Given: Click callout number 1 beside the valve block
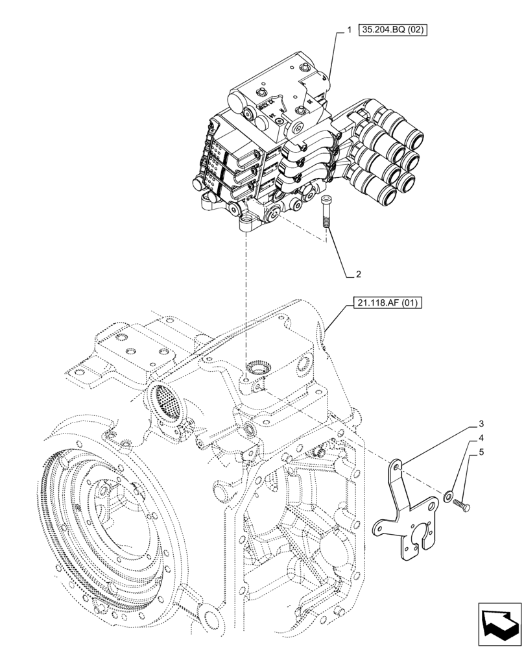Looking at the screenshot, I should [349, 31].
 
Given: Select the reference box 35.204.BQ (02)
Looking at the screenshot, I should [394, 31].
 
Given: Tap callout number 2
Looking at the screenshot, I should [357, 275].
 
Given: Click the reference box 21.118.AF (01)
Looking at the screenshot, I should [388, 302].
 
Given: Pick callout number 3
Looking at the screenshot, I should [481, 424].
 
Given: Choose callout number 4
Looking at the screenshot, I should [481, 438].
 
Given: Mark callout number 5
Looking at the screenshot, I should [481, 452].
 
